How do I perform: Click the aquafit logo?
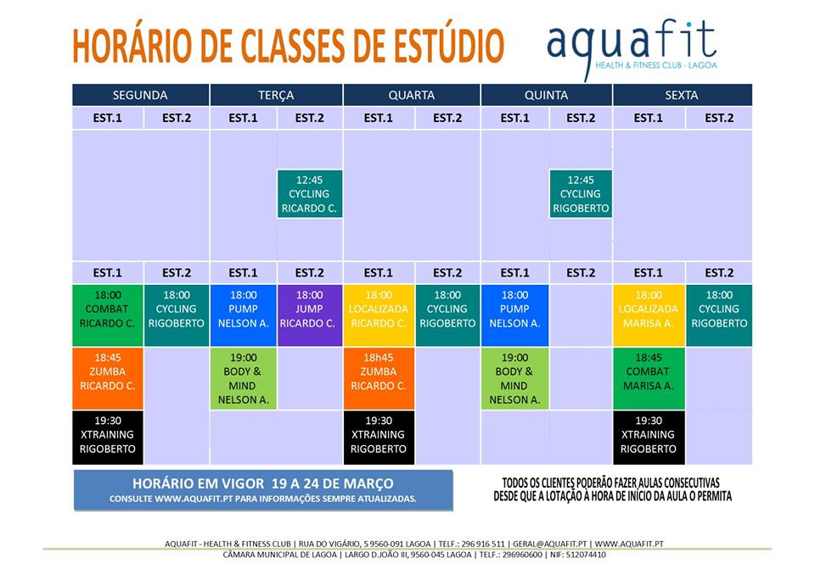[x=632, y=47]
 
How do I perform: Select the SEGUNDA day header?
[x=140, y=95]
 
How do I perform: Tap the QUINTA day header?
[x=546, y=95]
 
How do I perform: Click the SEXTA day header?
[x=682, y=95]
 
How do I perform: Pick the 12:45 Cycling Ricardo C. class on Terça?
[x=310, y=193]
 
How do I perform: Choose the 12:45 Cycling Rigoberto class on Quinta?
[x=581, y=193]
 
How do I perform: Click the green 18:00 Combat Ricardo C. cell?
[x=108, y=315]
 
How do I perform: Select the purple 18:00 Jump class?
[x=310, y=315]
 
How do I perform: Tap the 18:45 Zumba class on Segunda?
[x=108, y=378]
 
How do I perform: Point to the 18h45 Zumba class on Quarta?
[x=379, y=378]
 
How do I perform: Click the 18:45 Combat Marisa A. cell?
[x=649, y=378]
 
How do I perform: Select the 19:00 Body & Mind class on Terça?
[x=244, y=378]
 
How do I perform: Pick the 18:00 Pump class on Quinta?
[x=514, y=315]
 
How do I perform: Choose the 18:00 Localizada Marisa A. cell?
[x=649, y=315]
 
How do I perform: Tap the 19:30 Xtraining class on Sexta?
[x=649, y=438]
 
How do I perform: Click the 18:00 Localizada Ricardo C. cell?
[x=379, y=315]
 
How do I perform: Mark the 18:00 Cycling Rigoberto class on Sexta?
[x=719, y=315]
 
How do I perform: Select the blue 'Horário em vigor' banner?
[x=263, y=490]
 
